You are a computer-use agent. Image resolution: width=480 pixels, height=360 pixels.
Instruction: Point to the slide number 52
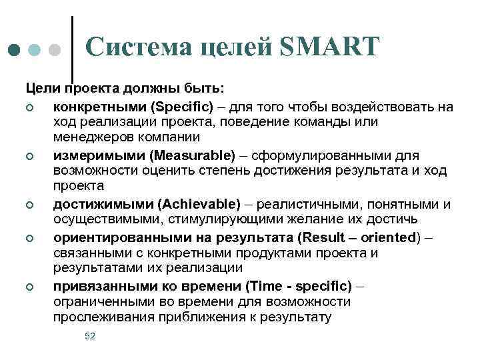pos(90,336)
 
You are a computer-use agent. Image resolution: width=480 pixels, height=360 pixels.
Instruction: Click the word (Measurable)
pos(193,155)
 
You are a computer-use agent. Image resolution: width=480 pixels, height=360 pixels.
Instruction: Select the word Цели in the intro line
pos(41,89)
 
